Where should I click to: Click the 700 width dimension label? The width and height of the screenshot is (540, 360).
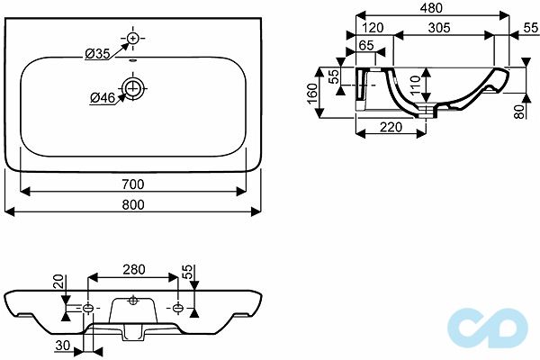133,184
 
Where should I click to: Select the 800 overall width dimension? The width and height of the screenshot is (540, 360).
133,204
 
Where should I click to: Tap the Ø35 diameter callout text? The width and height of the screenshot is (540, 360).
97,55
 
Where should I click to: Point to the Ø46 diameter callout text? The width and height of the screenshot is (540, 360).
102,96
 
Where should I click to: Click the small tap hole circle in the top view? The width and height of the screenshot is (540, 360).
133,39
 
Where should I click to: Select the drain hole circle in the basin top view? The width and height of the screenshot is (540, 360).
133,88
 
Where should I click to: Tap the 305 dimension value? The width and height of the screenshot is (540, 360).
439,29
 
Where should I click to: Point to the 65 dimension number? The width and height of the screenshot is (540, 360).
367,44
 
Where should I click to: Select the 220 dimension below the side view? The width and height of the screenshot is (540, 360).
391,128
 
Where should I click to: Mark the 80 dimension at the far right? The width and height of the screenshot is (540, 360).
519,112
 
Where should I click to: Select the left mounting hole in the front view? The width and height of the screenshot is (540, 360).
88,310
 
